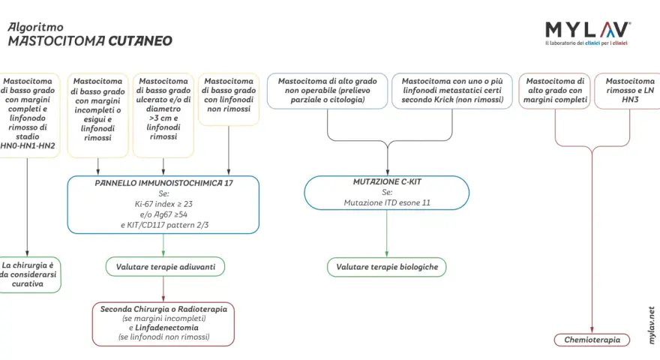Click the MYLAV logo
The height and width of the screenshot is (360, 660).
pos(587,33)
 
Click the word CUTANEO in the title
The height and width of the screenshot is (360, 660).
pos(140,40)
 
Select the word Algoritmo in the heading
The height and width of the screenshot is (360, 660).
pos(35,27)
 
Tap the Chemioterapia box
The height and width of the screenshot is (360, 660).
pos(592,340)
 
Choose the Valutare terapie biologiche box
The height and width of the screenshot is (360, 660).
pos(387,267)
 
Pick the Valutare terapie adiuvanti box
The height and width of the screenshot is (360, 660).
pos(165,267)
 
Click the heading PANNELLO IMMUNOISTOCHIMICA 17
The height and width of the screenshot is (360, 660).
pos(163,183)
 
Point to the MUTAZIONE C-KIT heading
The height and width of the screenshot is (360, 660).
pos(387,182)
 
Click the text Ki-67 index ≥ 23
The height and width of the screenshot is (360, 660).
pos(163,204)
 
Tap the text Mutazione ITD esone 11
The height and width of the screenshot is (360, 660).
pos(387,202)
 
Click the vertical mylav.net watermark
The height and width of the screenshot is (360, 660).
pos(652,325)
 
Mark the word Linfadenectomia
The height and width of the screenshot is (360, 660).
pos(166,328)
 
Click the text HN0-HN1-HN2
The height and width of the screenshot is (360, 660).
pos(27,146)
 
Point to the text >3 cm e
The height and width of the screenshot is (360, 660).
pos(163,118)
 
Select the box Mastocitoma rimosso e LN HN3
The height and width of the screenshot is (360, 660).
pos(628,91)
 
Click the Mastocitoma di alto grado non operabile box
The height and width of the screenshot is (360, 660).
pos(327,91)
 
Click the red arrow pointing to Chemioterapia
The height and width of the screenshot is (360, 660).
pos(592,240)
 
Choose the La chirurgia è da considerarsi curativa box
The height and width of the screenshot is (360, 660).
pos(29,274)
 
